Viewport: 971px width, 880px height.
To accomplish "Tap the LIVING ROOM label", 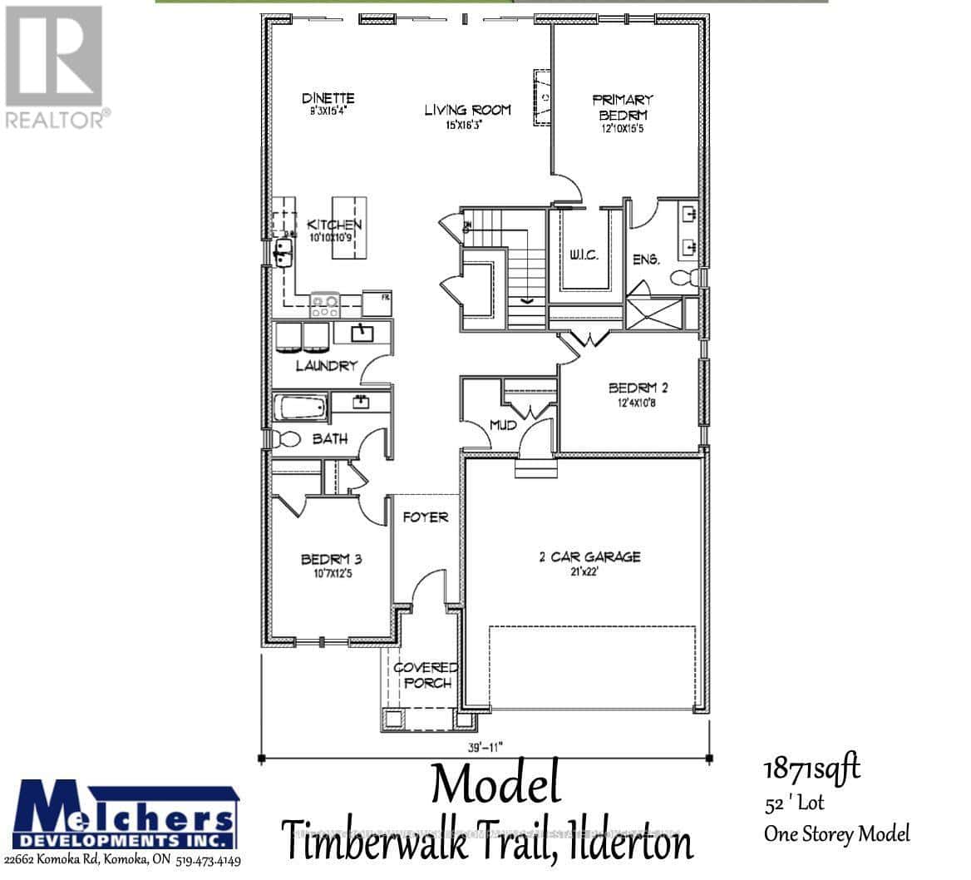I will pyautogui.click(x=467, y=110).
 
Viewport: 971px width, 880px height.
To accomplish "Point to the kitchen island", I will pyautogui.click(x=349, y=228).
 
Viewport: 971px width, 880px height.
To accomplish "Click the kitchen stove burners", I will pyautogui.click(x=324, y=304).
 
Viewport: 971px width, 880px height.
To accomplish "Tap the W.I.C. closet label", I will pyautogui.click(x=584, y=255).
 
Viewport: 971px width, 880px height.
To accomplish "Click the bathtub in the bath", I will pyautogui.click(x=300, y=409).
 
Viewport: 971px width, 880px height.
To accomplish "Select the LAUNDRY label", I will pyautogui.click(x=327, y=365).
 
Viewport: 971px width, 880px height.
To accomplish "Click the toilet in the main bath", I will pyautogui.click(x=285, y=439).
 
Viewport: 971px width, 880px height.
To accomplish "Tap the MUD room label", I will pyautogui.click(x=502, y=425).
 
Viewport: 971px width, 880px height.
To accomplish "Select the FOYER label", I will pyautogui.click(x=425, y=517).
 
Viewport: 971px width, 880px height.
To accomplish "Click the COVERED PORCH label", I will pyautogui.click(x=425, y=675).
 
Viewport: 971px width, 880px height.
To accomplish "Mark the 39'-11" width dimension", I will pyautogui.click(x=484, y=745).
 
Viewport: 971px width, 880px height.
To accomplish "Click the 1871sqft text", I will pyautogui.click(x=811, y=769).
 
